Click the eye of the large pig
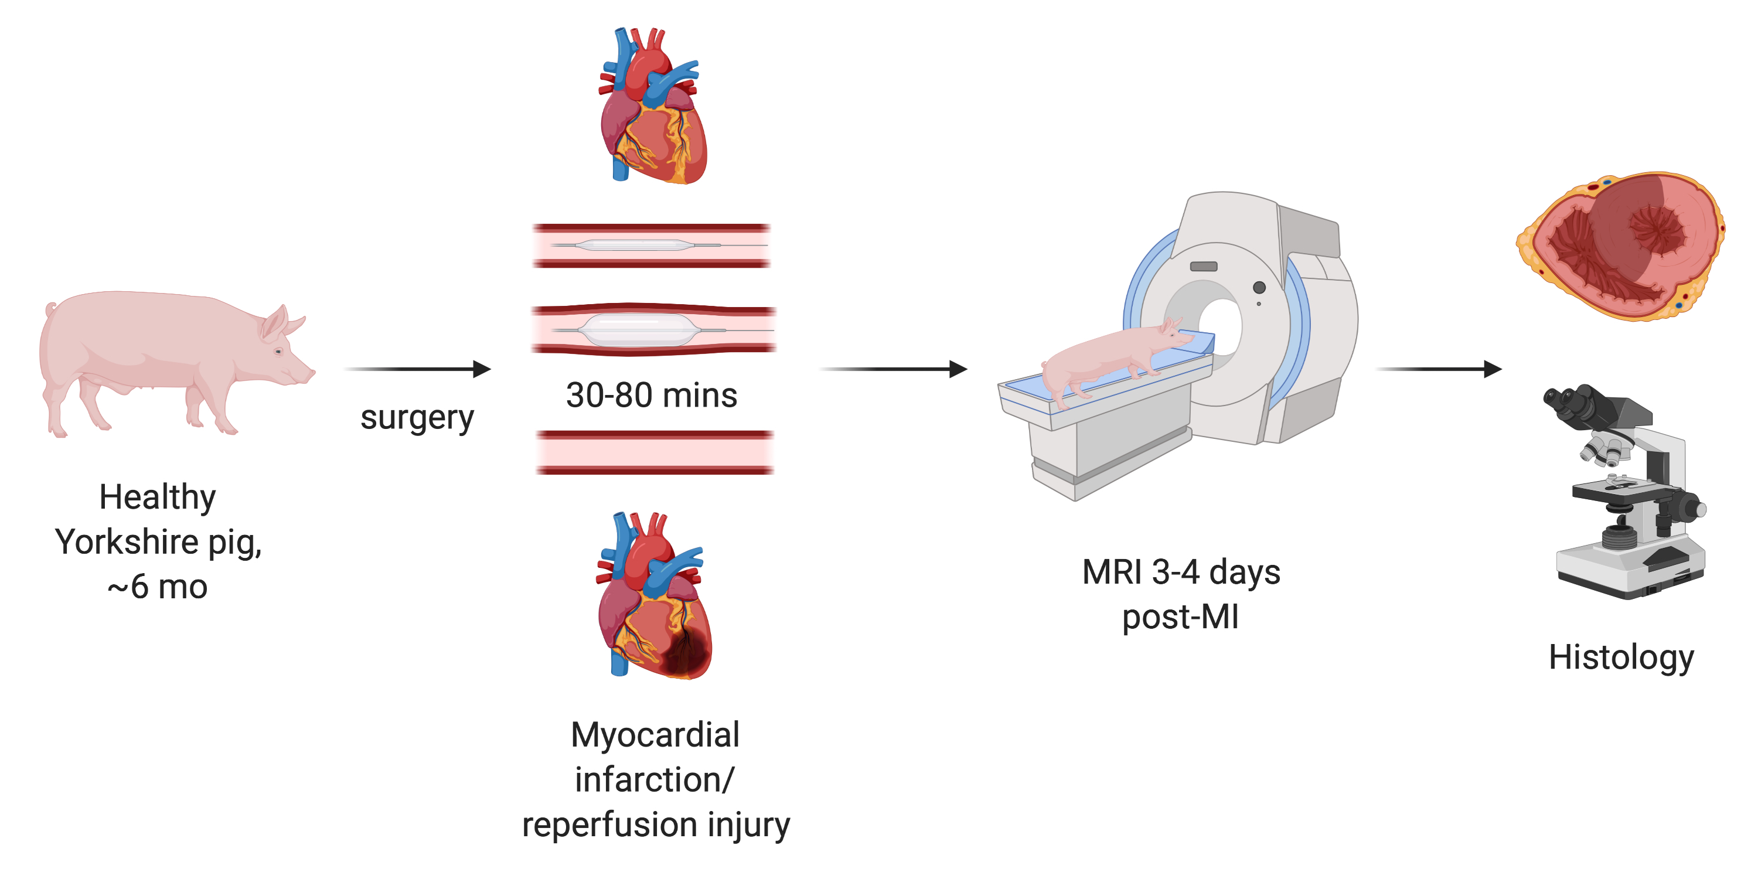pyautogui.click(x=278, y=352)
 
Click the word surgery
pyautogui.click(x=417, y=418)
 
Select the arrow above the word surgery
pyautogui.click(x=418, y=369)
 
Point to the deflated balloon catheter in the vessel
pyautogui.click(x=635, y=245)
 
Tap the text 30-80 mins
pyautogui.click(x=651, y=395)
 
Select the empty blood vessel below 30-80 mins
pyautogui.click(x=655, y=452)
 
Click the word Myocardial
pyautogui.click(x=655, y=735)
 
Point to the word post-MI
pyautogui.click(x=1180, y=617)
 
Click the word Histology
pyautogui.click(x=1621, y=657)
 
